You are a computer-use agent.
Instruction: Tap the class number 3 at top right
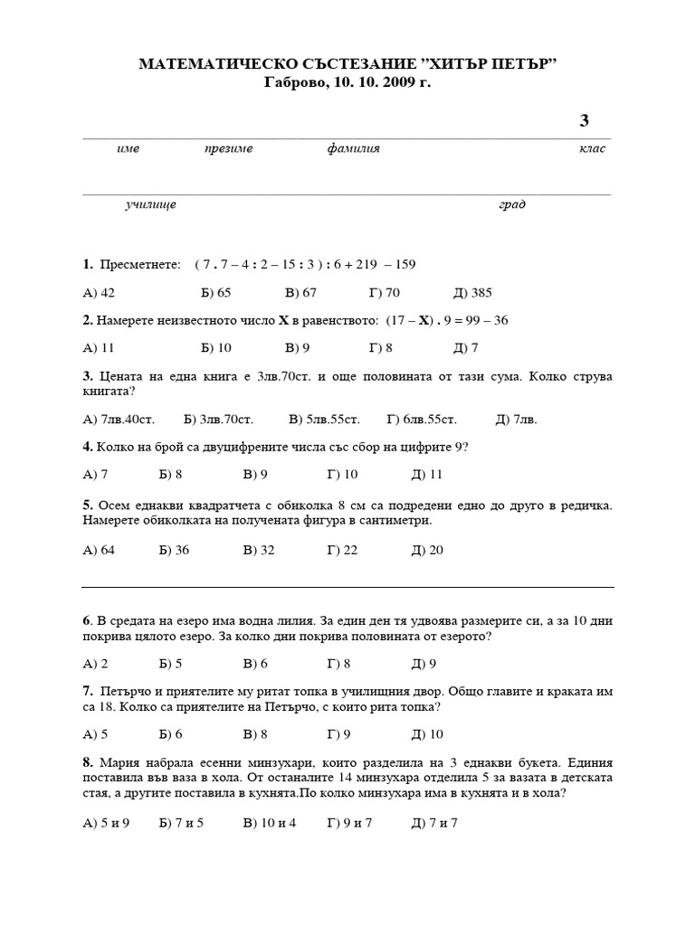584,121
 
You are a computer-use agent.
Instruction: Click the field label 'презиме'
228,148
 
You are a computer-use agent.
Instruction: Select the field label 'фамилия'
353,148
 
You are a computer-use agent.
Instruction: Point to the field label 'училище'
150,204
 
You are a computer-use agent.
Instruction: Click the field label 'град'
512,204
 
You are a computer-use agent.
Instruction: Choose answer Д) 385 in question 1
472,292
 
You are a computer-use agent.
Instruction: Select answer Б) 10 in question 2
215,348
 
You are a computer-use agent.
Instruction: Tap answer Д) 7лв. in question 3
516,420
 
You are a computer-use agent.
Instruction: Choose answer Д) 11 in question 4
426,475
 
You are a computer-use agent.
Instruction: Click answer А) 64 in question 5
99,550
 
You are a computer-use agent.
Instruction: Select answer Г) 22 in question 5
343,550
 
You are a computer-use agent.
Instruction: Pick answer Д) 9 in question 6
424,664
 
